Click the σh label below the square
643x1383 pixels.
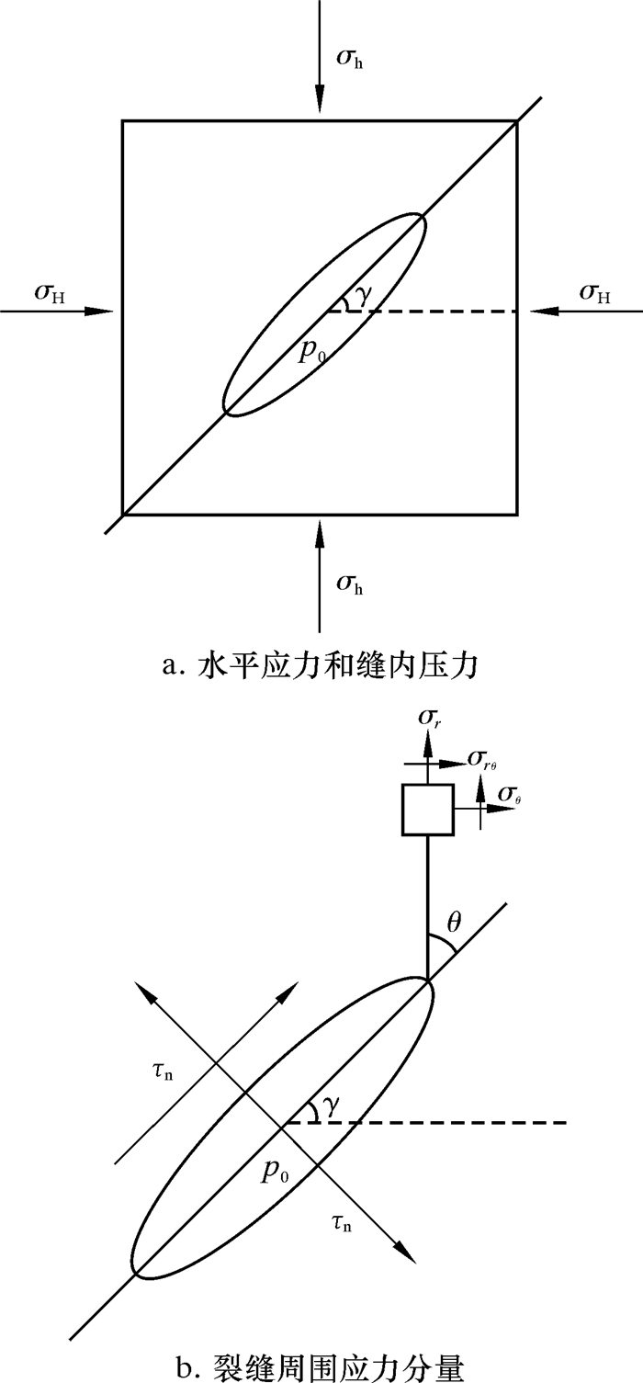coord(350,582)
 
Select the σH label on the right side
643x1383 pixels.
coord(595,293)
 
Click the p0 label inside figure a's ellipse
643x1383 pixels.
coord(314,352)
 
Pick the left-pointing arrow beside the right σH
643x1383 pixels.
coord(588,312)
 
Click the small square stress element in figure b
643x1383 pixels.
coord(427,810)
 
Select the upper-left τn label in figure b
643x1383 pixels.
coord(166,1071)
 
